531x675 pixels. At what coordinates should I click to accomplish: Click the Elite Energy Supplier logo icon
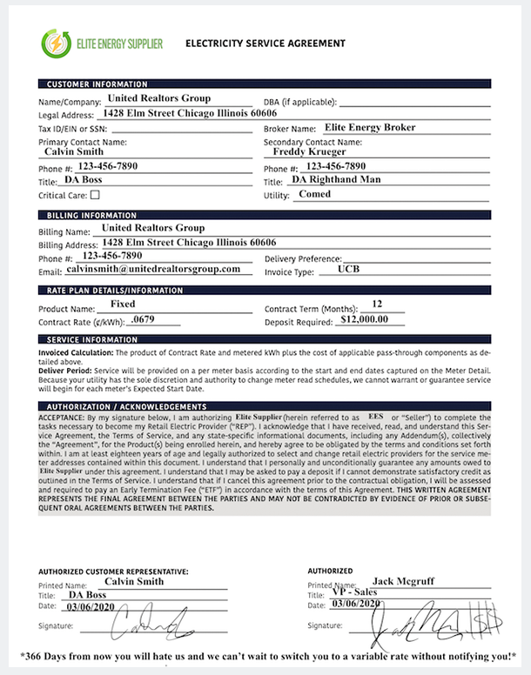(53, 42)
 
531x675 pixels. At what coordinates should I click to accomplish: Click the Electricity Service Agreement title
(265, 43)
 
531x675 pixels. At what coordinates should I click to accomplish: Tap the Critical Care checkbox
(95, 195)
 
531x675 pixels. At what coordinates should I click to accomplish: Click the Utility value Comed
(314, 195)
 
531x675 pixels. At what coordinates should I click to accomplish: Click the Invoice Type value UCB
(348, 271)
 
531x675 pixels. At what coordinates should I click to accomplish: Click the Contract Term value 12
(377, 304)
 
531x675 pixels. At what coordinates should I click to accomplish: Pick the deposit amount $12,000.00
(372, 319)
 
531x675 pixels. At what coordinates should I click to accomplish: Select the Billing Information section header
(91, 214)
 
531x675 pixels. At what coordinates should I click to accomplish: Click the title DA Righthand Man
(336, 180)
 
